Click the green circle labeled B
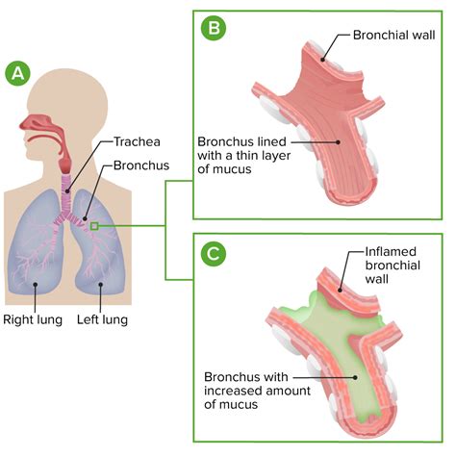(212, 28)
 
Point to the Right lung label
(32, 319)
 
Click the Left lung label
(102, 319)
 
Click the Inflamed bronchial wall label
(393, 270)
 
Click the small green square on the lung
(94, 226)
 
